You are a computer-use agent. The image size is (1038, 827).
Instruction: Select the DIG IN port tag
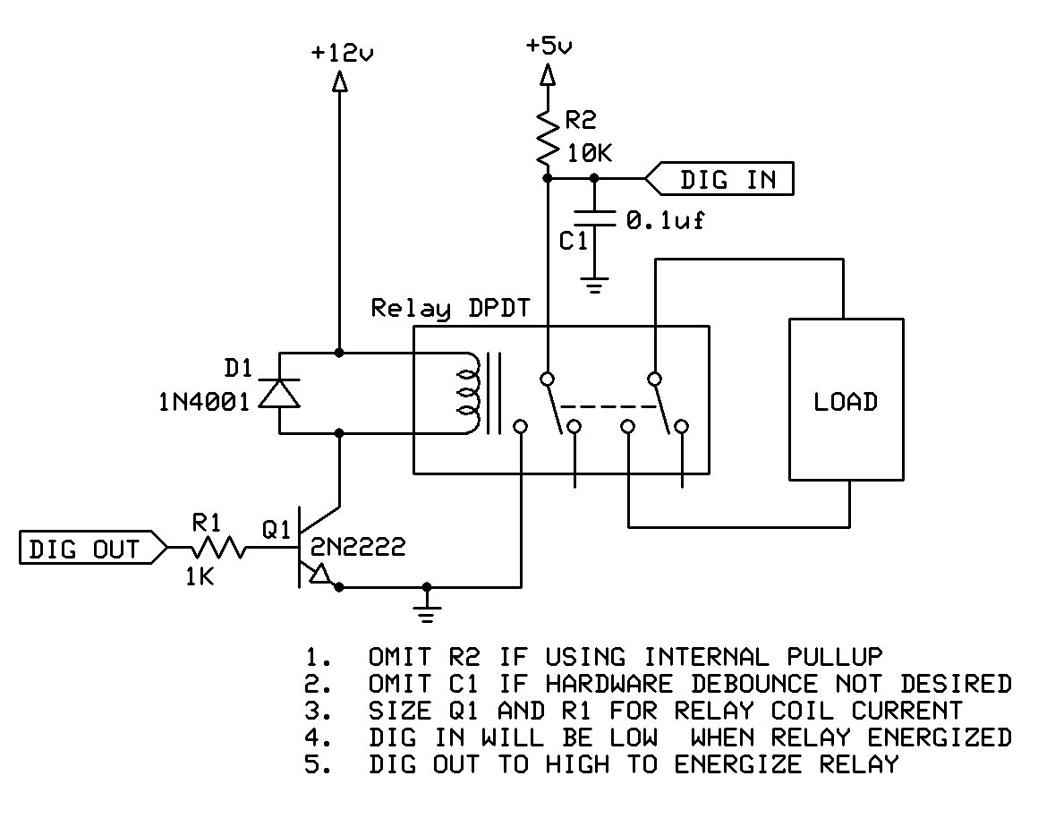point(721,180)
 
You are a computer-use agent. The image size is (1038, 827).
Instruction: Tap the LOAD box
point(844,401)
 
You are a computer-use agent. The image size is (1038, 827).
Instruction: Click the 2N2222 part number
point(356,547)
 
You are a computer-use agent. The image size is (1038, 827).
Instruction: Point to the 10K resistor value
point(589,153)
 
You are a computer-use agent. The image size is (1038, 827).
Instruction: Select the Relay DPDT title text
point(450,309)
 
